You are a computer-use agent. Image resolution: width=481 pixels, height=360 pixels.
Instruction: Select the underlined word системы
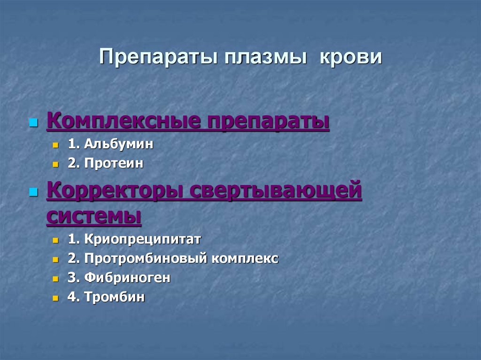click(94, 216)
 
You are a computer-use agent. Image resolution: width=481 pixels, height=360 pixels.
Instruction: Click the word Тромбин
click(114, 297)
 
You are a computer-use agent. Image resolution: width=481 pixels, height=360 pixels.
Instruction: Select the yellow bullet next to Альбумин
click(55, 146)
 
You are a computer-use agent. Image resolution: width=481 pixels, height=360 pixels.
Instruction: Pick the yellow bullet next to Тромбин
click(55, 298)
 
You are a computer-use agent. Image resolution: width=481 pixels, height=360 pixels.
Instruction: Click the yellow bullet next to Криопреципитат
click(55, 240)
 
